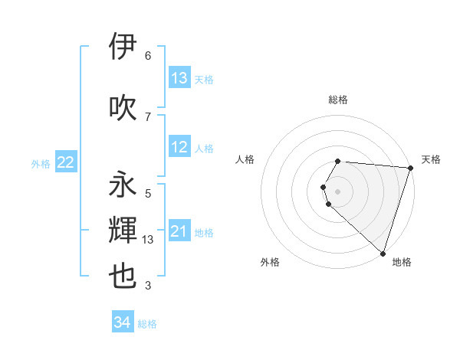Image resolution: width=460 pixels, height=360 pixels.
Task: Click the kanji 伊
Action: tap(123, 47)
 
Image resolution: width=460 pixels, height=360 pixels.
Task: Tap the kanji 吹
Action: tap(123, 106)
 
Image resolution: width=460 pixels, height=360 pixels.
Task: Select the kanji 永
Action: tap(123, 185)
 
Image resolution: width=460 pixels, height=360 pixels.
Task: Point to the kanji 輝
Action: tap(123, 231)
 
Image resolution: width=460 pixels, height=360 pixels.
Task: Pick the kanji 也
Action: tap(123, 277)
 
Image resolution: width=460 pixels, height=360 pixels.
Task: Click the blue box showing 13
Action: tap(179, 78)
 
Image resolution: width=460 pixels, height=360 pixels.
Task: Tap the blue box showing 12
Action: tap(179, 148)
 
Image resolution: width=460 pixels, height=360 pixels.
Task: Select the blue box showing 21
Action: tap(179, 232)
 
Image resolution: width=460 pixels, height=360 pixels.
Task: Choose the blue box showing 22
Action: tap(65, 162)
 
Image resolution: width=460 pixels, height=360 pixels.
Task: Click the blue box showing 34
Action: tap(123, 323)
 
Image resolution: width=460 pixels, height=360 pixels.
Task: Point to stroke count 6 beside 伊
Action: tap(148, 56)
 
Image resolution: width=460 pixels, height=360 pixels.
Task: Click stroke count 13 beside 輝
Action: tap(149, 240)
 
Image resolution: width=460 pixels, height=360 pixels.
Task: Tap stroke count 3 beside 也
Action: tap(148, 286)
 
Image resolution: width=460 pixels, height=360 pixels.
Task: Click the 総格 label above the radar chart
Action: tap(338, 100)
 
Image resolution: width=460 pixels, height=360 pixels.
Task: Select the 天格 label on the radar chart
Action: tap(431, 159)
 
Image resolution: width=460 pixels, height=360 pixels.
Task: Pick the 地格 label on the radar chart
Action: tap(402, 262)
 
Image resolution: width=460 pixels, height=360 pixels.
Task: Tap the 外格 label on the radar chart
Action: tap(270, 262)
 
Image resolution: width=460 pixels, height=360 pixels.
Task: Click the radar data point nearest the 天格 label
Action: tap(410, 168)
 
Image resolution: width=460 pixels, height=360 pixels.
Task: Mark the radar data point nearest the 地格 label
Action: tap(383, 253)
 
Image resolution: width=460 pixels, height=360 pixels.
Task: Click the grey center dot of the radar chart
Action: tap(338, 191)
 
